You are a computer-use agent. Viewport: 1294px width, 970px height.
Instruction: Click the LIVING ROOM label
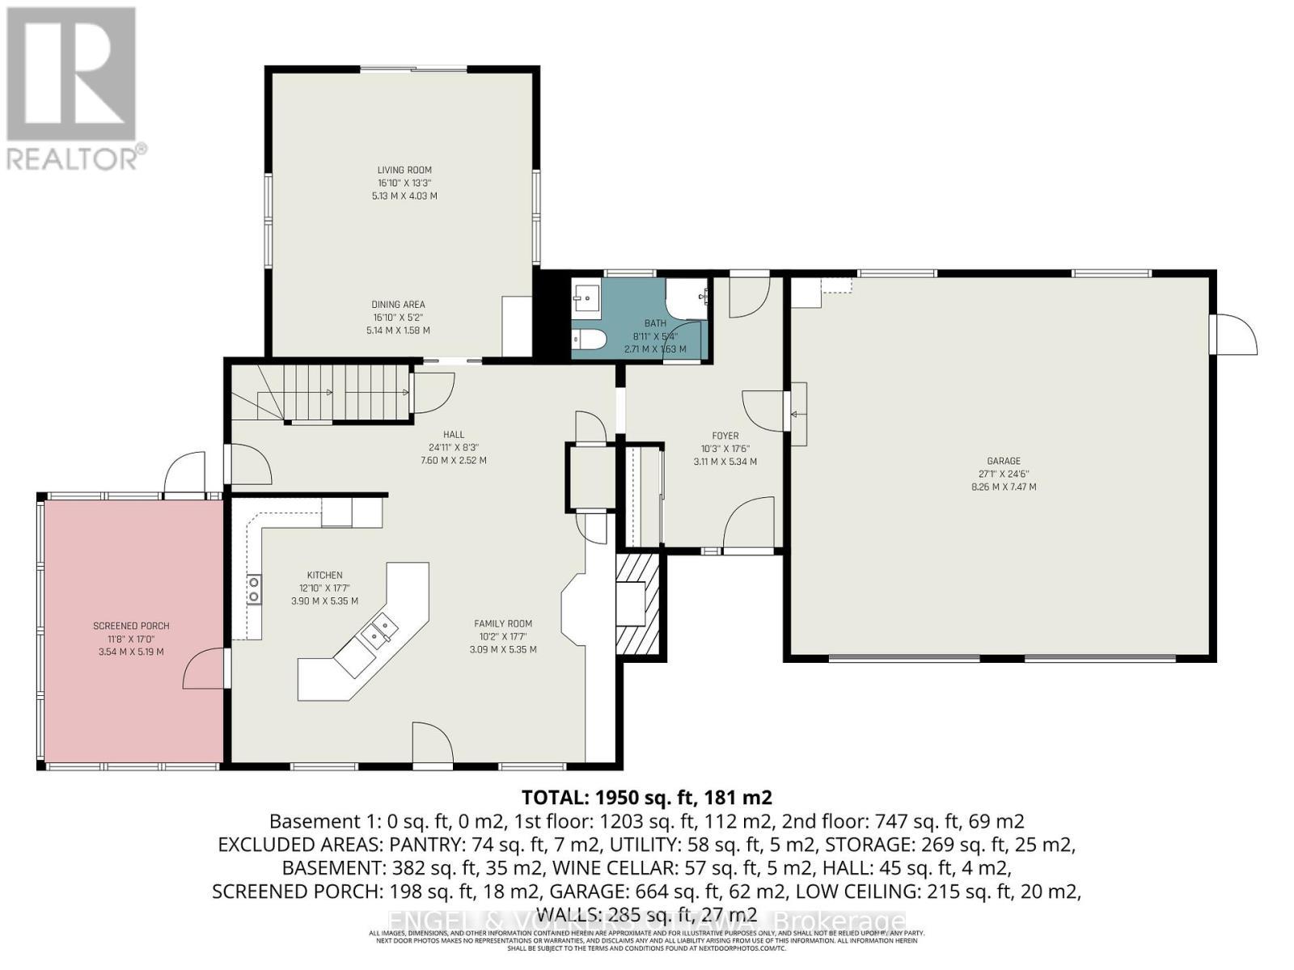pos(404,170)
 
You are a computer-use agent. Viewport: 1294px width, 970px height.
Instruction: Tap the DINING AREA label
pos(398,305)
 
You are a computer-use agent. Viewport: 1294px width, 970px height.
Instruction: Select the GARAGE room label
pos(1004,462)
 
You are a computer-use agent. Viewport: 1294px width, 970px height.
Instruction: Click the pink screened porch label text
pos(131,626)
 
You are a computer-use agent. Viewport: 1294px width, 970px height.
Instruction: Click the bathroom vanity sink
pos(585,298)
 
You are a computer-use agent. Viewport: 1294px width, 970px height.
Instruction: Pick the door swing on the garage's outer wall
pos(1236,334)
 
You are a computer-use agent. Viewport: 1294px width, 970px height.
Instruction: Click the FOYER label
pos(725,436)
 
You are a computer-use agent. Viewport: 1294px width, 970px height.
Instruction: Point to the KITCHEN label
pos(324,576)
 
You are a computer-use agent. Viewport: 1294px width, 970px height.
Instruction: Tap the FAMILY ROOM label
pos(503,623)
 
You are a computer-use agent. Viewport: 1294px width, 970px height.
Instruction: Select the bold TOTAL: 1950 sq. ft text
pos(647,797)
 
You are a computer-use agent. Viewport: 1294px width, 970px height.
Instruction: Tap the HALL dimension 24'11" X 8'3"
pos(454,447)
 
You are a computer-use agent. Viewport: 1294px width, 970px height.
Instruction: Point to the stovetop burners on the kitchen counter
pos(254,588)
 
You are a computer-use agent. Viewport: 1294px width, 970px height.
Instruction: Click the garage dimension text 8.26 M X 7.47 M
pos(1004,487)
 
